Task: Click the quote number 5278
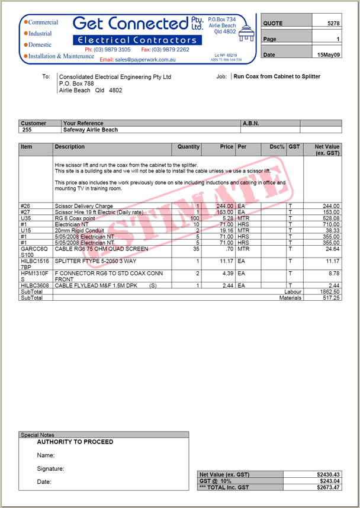click(x=333, y=23)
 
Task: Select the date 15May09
click(x=329, y=54)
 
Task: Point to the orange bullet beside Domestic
click(x=26, y=45)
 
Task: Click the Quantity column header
click(x=188, y=146)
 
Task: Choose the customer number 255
click(x=27, y=130)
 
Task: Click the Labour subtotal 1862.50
click(x=329, y=292)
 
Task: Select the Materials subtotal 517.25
click(x=329, y=298)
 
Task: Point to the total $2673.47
click(x=328, y=487)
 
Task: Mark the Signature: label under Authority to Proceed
click(x=50, y=468)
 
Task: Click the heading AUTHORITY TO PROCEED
click(x=75, y=442)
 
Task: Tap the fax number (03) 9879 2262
click(x=171, y=50)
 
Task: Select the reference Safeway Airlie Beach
click(x=91, y=130)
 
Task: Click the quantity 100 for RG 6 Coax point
click(x=194, y=218)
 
